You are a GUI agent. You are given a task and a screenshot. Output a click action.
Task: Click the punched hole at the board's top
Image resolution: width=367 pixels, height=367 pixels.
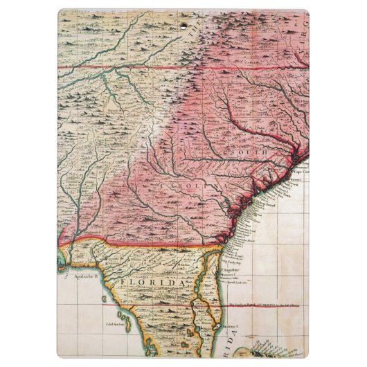pos(183,27)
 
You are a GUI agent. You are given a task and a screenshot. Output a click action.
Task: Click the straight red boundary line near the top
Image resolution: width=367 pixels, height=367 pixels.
pos(138,67)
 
